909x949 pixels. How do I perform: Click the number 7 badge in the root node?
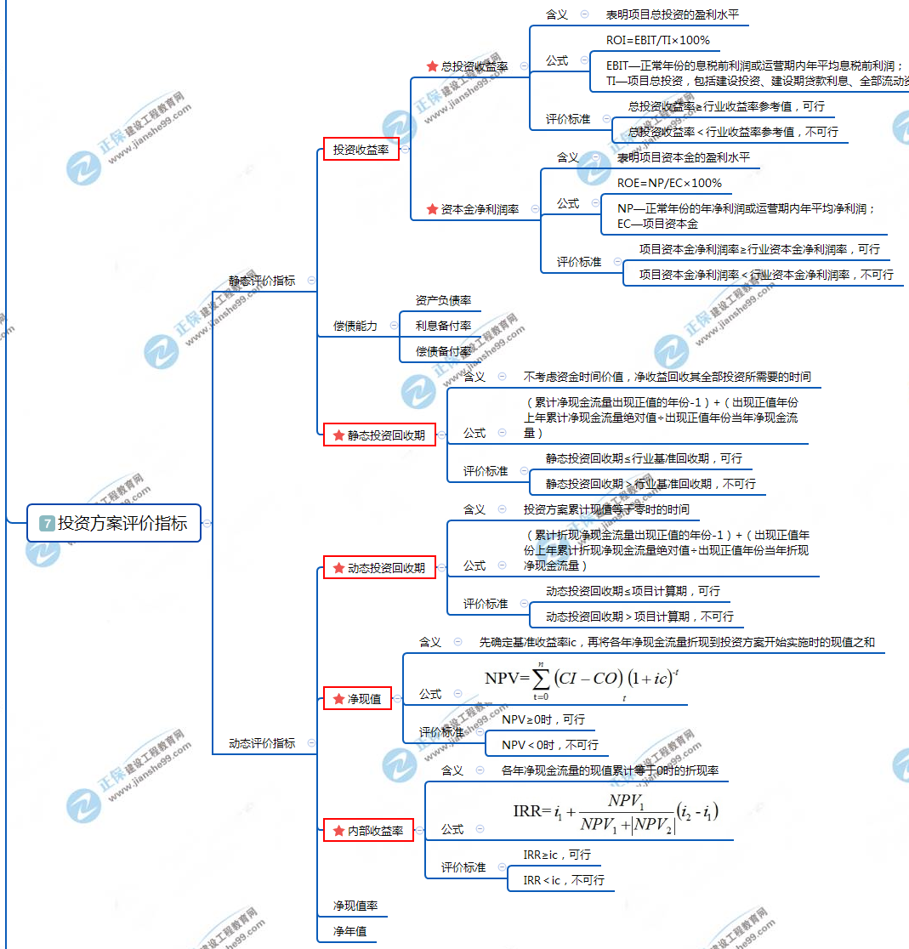47,524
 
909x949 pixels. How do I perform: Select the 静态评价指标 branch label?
262,281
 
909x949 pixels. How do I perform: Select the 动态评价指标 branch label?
262,743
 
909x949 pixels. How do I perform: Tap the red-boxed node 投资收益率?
361,150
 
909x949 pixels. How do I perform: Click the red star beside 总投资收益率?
432,65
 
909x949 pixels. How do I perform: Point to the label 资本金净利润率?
480,209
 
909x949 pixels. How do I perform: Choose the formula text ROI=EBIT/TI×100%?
657,40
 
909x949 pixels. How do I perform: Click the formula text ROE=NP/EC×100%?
669,183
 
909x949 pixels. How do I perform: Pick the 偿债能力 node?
355,326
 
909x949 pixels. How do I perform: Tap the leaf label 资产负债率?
443,300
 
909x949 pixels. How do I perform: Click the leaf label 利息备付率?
443,326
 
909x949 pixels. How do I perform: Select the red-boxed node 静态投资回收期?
379,435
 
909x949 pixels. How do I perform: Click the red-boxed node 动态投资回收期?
379,568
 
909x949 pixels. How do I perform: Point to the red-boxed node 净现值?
357,699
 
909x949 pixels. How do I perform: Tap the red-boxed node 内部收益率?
368,831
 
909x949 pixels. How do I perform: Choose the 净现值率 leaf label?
355,906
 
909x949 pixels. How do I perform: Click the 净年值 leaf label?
349,931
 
